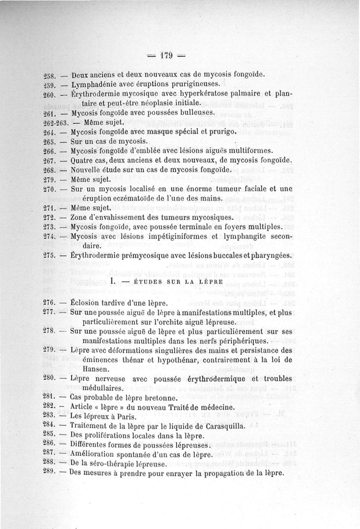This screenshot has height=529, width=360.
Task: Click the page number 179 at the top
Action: point(166,56)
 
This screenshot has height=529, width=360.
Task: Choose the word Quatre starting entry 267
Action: point(82,161)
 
